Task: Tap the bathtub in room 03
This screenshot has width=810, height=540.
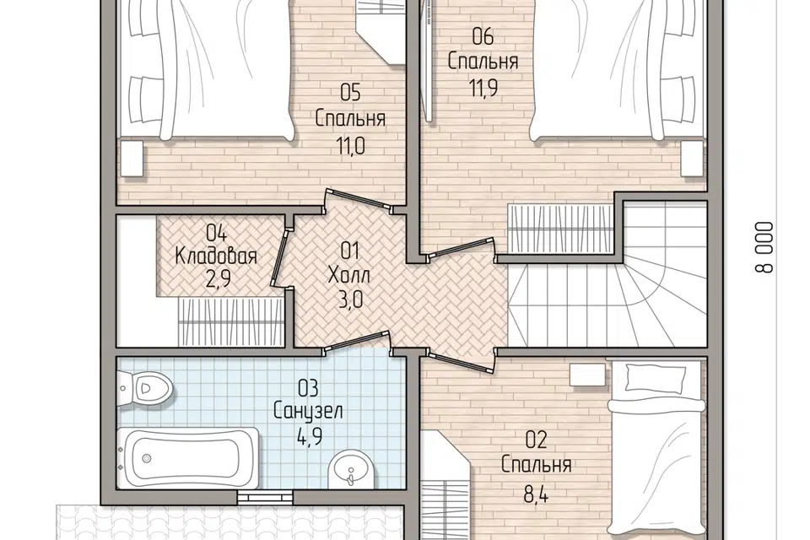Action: [x=188, y=457]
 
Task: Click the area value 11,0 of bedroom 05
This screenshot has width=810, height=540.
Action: [x=350, y=146]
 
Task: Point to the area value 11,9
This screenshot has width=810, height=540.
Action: [x=483, y=88]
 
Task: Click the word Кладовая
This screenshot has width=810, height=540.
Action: [x=216, y=256]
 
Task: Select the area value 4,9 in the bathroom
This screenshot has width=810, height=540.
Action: [x=310, y=437]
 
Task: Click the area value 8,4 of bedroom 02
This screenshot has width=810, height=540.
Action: [x=536, y=494]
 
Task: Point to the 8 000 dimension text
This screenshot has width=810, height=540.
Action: [x=765, y=247]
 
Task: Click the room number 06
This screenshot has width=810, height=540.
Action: [x=483, y=36]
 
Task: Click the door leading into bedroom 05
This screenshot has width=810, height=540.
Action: [x=358, y=201]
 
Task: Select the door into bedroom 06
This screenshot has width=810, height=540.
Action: [x=460, y=247]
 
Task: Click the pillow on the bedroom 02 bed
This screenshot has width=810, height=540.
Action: [x=656, y=378]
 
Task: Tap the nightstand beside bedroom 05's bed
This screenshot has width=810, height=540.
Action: [x=132, y=159]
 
